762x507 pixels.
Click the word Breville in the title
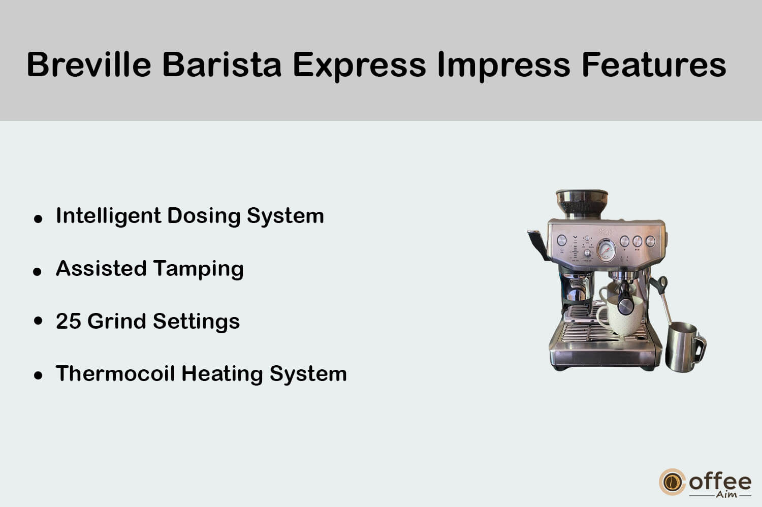pos(89,65)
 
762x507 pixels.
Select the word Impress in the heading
pos(504,67)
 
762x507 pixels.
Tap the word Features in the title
pos(654,65)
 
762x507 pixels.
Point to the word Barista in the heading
pos(222,65)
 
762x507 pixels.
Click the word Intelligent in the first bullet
pos(109,216)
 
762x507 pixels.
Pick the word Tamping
pos(198,269)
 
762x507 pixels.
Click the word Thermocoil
pos(116,373)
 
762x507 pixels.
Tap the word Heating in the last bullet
pos(222,374)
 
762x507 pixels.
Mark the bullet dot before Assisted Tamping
pos(37,271)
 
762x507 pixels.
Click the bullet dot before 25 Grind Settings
pos(38,321)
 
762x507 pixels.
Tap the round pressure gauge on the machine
pos(606,250)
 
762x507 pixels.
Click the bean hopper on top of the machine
pos(582,204)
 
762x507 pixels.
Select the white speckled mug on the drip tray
pos(618,316)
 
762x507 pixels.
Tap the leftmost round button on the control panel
pos(562,240)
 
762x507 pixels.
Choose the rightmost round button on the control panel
pos(650,241)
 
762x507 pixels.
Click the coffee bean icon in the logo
pos(672,482)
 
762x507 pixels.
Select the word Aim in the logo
pos(726,494)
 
